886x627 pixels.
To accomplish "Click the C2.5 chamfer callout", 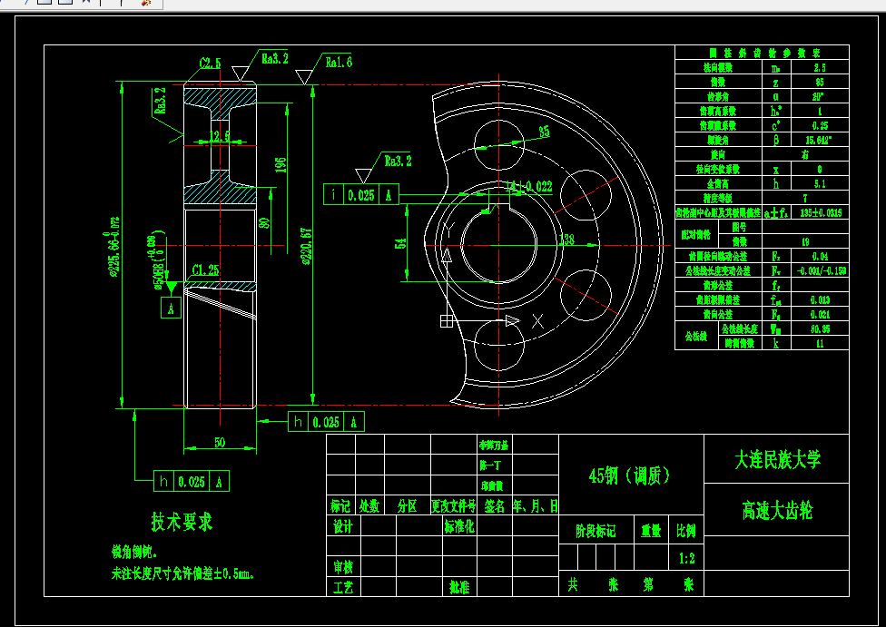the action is point(210,64).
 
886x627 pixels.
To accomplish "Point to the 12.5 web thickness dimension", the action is point(220,137).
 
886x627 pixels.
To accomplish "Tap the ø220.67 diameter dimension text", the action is point(332,245).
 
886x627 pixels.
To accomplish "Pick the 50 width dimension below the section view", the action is point(220,442).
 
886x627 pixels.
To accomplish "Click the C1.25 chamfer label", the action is point(206,270).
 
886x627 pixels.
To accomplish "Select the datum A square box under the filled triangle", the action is point(170,309).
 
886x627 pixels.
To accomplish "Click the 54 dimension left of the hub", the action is point(400,243).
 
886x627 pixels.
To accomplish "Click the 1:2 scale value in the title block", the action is point(686,558).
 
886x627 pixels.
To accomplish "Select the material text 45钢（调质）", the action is point(630,475).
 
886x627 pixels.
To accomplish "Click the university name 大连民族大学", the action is point(776,460).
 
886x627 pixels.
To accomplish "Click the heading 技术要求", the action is point(182,523).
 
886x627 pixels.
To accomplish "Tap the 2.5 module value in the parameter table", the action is point(820,68).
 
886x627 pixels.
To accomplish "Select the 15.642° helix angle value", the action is point(820,141).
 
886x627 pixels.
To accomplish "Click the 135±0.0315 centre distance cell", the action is point(820,213).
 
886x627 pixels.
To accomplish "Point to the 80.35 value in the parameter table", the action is point(820,329).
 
